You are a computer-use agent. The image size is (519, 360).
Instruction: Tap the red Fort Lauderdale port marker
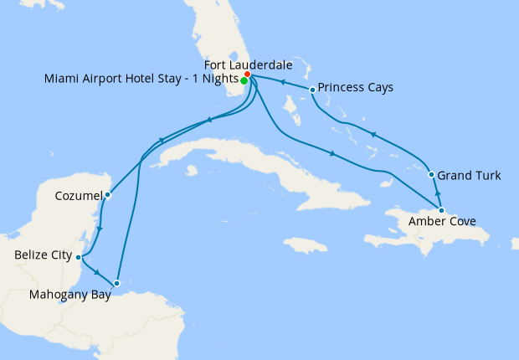click(247, 75)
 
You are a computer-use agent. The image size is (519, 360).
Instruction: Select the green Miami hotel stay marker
click(244, 81)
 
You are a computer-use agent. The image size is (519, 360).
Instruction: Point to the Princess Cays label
click(356, 87)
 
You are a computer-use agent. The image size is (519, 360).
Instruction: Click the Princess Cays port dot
click(312, 90)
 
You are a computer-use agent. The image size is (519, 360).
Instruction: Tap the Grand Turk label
click(470, 176)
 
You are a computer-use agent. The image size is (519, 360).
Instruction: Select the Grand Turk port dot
click(431, 175)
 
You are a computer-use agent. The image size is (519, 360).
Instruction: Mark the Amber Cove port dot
click(441, 210)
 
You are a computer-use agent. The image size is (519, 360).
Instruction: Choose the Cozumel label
click(78, 195)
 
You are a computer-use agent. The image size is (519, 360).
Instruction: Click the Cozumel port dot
click(108, 196)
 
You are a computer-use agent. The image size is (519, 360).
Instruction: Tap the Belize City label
click(44, 255)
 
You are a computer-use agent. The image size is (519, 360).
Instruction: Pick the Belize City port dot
click(78, 257)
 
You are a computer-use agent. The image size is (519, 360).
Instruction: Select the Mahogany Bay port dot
click(117, 283)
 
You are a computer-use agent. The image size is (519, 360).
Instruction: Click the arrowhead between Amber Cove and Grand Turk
click(436, 192)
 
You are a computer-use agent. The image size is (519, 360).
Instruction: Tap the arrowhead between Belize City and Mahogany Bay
click(99, 273)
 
